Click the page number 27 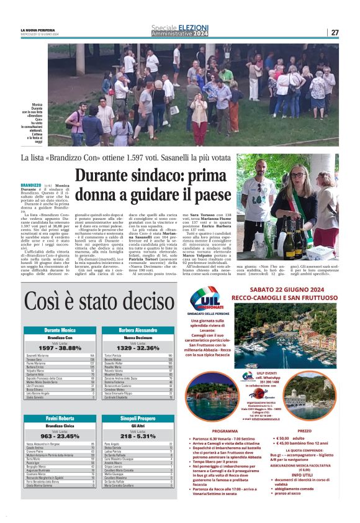[335, 32]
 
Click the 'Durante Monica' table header [60, 330]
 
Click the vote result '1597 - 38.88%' [60, 348]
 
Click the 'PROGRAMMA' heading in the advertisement [225, 430]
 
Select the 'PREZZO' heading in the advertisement [304, 430]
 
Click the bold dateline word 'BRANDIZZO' [30, 186]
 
